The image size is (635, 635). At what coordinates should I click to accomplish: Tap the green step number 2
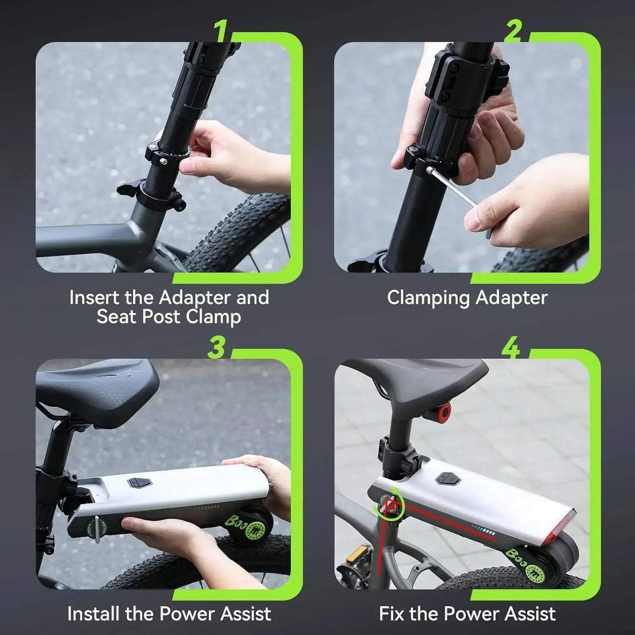tap(513, 32)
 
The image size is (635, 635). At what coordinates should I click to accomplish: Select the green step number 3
tap(217, 347)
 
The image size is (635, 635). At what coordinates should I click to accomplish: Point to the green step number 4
tap(511, 347)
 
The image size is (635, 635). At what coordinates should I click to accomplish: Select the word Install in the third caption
tap(94, 613)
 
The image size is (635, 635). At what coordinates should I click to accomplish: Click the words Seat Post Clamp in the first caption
tap(168, 316)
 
